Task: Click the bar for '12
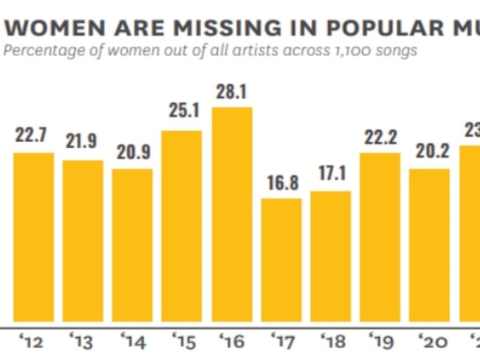click(33, 237)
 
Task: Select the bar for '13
click(83, 240)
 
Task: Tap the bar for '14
click(133, 245)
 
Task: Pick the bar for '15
click(182, 225)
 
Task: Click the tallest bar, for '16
click(232, 214)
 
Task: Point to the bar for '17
click(281, 259)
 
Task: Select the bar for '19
click(380, 237)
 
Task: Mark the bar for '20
click(429, 245)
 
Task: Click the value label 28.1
click(232, 95)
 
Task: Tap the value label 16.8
click(282, 184)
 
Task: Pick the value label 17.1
click(332, 177)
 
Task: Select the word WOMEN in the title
click(51, 28)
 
